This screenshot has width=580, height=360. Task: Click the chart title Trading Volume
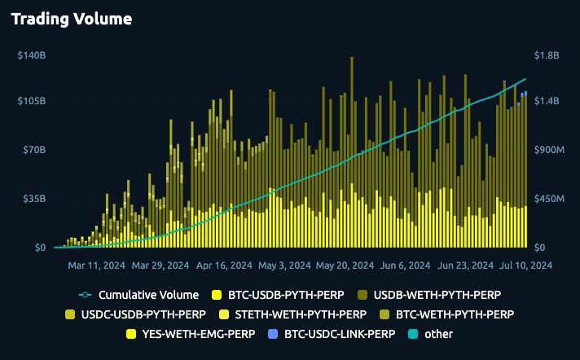(x=71, y=18)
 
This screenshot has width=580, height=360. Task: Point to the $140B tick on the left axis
(x=30, y=55)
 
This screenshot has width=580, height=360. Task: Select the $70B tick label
(x=33, y=150)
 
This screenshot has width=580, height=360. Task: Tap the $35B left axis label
(x=33, y=199)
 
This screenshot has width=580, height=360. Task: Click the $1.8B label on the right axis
(x=546, y=55)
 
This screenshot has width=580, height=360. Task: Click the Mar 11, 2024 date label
(x=96, y=266)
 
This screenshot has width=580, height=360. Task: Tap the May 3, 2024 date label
(x=283, y=266)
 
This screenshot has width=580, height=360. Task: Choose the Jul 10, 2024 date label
(x=525, y=266)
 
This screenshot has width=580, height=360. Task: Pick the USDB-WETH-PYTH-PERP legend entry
(x=441, y=294)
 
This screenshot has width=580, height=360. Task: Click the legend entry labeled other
(x=438, y=333)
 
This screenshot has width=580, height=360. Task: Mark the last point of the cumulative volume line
(x=525, y=80)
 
